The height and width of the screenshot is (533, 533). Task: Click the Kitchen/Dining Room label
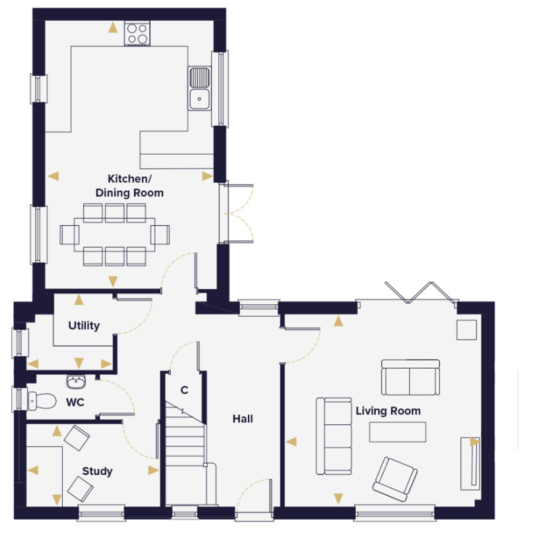(129, 186)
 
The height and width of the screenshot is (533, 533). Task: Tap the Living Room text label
(388, 411)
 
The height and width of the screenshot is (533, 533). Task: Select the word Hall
(243, 419)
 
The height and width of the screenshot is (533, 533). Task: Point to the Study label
(97, 471)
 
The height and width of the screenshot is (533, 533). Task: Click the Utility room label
(84, 326)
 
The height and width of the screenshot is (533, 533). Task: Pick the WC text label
(75, 402)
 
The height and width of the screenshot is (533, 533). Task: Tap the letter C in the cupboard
(184, 390)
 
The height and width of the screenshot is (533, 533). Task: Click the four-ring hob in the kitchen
(137, 33)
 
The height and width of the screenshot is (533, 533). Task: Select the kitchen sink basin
(199, 99)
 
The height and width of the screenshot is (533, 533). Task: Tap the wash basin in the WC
(76, 382)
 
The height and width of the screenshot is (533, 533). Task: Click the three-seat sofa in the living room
(334, 436)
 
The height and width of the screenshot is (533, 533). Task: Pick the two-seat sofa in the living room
(410, 377)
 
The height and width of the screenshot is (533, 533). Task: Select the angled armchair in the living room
(395, 480)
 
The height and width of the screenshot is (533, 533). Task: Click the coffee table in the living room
(398, 432)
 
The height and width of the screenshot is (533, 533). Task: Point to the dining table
(114, 235)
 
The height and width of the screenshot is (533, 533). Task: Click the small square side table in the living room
(466, 330)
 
